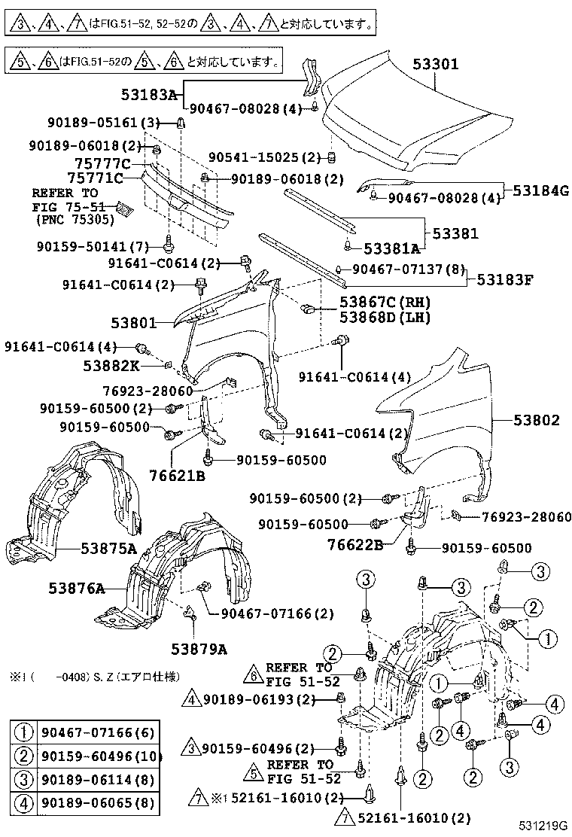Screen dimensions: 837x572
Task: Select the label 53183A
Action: pyautogui.click(x=148, y=95)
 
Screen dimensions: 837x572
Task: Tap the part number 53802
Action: pyautogui.click(x=537, y=420)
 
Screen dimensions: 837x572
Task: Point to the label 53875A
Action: pyautogui.click(x=108, y=549)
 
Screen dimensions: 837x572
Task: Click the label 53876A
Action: pyautogui.click(x=77, y=588)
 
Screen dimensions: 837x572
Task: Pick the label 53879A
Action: pyautogui.click(x=199, y=648)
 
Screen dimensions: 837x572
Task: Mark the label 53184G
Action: pyautogui.click(x=541, y=191)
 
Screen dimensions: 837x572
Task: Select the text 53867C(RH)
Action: pyautogui.click(x=385, y=303)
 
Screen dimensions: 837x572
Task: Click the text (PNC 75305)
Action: pyautogui.click(x=72, y=220)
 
